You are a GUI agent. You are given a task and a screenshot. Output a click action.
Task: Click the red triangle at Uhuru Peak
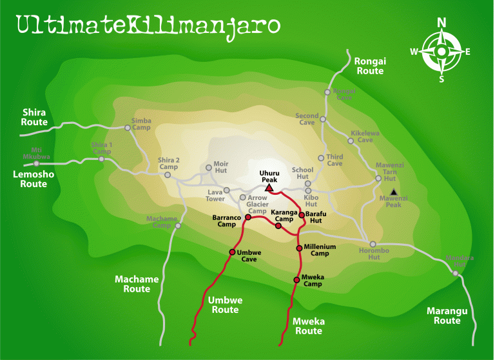pyautogui.click(x=269, y=188)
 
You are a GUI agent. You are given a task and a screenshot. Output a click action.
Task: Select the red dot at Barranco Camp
pyautogui.click(x=248, y=217)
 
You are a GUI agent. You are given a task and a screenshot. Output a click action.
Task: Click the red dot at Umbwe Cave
pyautogui.click(x=232, y=252)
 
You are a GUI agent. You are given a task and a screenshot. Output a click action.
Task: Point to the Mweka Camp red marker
pyautogui.click(x=296, y=279)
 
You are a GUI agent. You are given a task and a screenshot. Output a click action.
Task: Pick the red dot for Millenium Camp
pyautogui.click(x=299, y=248)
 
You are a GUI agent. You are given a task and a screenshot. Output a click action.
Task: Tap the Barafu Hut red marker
pyautogui.click(x=302, y=215)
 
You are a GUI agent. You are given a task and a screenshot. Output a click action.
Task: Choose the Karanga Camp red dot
pyautogui.click(x=278, y=226)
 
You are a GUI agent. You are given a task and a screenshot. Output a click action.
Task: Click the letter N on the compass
pyautogui.click(x=442, y=23)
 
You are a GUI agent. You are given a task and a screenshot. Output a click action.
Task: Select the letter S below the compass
pyautogui.click(x=442, y=79)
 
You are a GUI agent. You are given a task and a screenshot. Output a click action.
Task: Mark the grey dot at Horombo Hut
pyautogui.click(x=373, y=244)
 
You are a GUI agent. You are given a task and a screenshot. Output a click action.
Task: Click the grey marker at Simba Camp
pyautogui.click(x=128, y=128)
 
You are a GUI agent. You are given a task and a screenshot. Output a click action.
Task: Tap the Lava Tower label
pyautogui.click(x=215, y=195)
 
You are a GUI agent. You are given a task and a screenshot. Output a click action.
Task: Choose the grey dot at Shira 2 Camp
pyautogui.click(x=168, y=175)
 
